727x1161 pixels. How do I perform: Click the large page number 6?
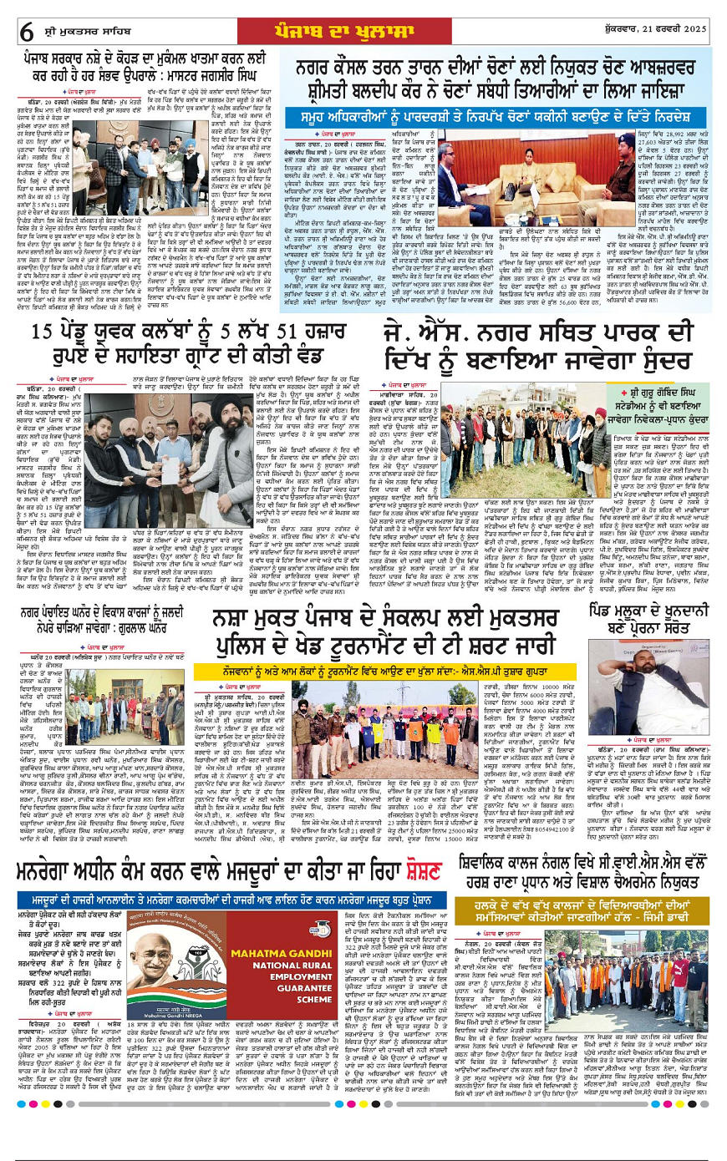26,32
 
